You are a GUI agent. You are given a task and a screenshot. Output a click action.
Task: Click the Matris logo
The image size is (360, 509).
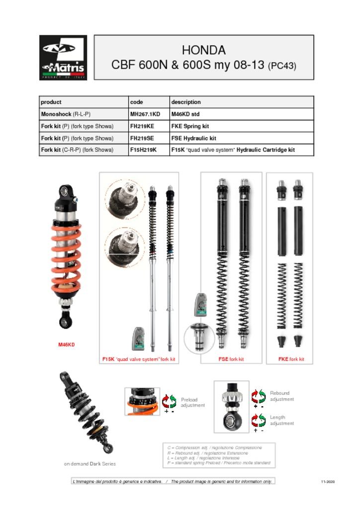click(63, 58)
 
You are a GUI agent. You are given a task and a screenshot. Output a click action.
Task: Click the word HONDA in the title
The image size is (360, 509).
click(203, 50)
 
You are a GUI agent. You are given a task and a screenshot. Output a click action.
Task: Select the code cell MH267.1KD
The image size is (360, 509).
click(145, 114)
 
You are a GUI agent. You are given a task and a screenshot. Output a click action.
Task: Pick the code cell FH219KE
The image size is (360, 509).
click(142, 126)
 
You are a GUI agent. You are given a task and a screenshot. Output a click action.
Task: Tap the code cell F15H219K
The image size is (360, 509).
click(143, 150)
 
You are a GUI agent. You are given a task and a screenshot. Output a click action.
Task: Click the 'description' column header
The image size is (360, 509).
click(186, 102)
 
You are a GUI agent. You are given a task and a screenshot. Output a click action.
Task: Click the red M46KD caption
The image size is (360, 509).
click(67, 344)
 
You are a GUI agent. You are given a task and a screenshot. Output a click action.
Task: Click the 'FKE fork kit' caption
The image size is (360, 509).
click(291, 359)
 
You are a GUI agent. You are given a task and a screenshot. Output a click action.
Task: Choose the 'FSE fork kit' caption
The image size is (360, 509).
click(231, 359)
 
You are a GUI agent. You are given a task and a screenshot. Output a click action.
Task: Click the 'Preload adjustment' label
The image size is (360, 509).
click(192, 402)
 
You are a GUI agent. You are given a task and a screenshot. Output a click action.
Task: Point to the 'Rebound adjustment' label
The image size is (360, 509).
click(282, 396)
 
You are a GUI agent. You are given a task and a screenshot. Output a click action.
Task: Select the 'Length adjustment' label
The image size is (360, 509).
click(282, 421)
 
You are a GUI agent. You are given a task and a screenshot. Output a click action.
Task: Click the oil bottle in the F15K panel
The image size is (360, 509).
click(137, 339)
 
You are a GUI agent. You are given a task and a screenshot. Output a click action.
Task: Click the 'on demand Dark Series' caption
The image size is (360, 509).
click(90, 464)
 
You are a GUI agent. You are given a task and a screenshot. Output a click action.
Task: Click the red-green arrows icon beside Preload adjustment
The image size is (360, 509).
click(169, 401)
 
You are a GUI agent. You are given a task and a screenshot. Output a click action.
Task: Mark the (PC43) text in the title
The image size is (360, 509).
click(282, 66)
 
